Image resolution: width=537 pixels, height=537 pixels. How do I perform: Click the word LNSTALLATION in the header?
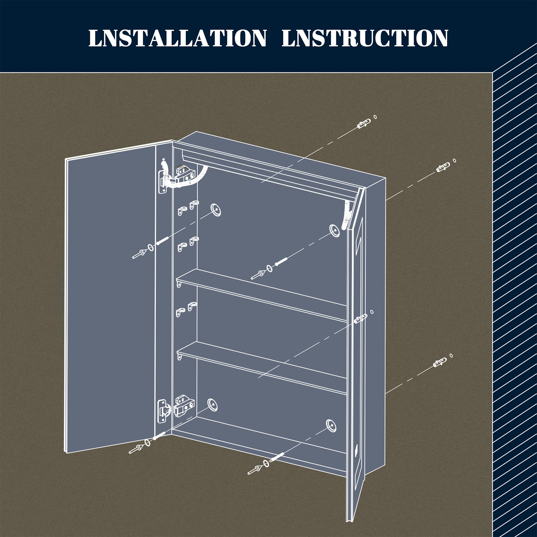click(x=177, y=38)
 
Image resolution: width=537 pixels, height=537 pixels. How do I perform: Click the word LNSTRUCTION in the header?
click(x=365, y=38)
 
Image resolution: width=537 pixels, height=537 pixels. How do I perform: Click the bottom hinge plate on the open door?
click(x=162, y=412)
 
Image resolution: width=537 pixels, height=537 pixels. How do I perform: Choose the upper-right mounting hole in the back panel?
click(x=334, y=230)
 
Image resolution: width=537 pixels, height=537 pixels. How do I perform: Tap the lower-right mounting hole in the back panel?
click(x=331, y=426)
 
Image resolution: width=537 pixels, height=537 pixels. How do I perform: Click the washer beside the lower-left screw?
click(x=147, y=443)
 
